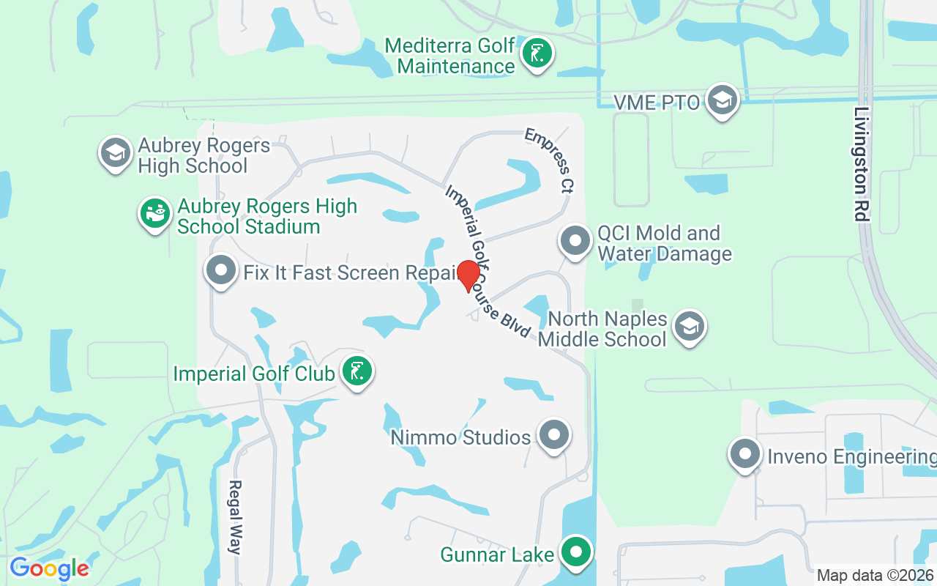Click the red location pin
[x=468, y=275]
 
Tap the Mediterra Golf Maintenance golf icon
[x=537, y=54]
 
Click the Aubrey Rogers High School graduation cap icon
[x=116, y=153]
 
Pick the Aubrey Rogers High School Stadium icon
[x=155, y=214]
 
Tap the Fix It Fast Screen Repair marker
[x=221, y=271]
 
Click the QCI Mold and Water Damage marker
[x=575, y=241]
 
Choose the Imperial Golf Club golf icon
[x=357, y=371]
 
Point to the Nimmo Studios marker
[x=554, y=435]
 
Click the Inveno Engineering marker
[x=745, y=454]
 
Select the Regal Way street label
[x=235, y=517]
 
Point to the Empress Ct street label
[x=548, y=160]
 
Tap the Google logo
[x=49, y=568]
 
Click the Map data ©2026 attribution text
[x=876, y=575]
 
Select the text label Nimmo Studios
[x=460, y=437]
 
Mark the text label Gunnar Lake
[x=497, y=555]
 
